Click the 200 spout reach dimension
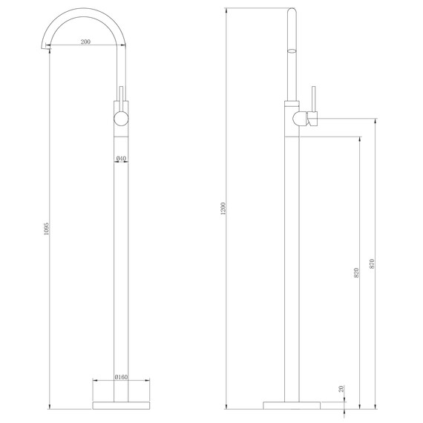pyautogui.click(x=85, y=42)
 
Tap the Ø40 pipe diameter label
pyautogui.click(x=121, y=158)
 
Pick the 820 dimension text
pyautogui.click(x=357, y=272)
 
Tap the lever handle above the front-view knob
pyautogui.click(x=121, y=96)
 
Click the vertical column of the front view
pyautogui.click(x=121, y=260)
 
